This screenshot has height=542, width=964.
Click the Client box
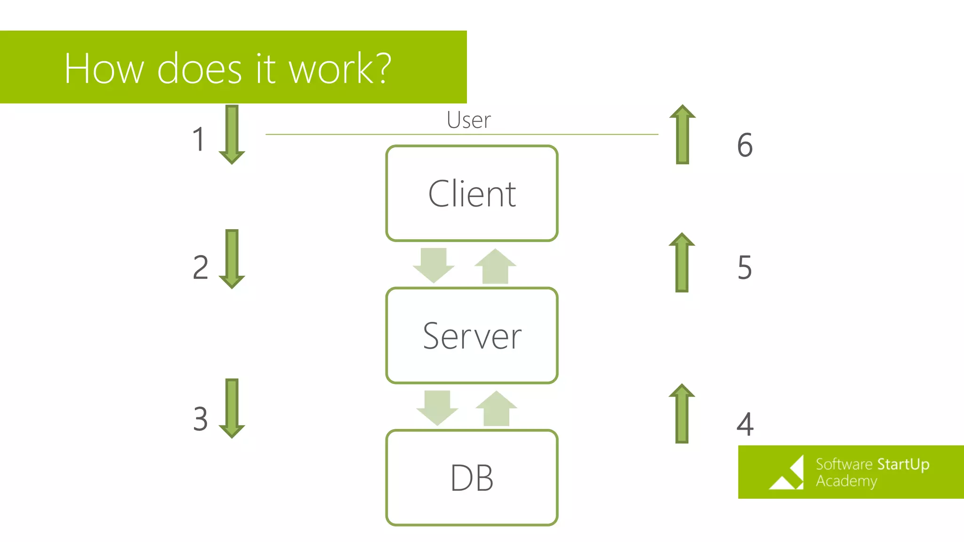click(x=472, y=193)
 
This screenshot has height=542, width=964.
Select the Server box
click(x=472, y=335)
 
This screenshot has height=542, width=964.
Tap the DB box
click(x=472, y=478)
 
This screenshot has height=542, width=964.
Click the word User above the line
click(x=468, y=120)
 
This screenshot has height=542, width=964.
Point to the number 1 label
click(x=199, y=140)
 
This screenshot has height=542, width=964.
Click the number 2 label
click(x=201, y=267)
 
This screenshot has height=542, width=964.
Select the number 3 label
click(x=201, y=419)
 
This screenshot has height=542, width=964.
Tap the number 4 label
click(x=745, y=424)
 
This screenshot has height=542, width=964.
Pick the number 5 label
click(x=745, y=267)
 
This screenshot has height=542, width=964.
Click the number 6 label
click(x=745, y=144)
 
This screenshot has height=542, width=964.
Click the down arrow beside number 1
click(x=232, y=135)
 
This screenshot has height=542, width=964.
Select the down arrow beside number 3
click(x=232, y=408)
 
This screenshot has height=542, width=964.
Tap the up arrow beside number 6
click(x=682, y=135)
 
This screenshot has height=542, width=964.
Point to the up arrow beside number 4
click(x=682, y=414)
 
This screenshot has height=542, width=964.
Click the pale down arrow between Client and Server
click(x=434, y=265)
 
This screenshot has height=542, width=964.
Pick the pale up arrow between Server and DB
click(x=496, y=408)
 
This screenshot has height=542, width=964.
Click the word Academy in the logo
click(x=846, y=481)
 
